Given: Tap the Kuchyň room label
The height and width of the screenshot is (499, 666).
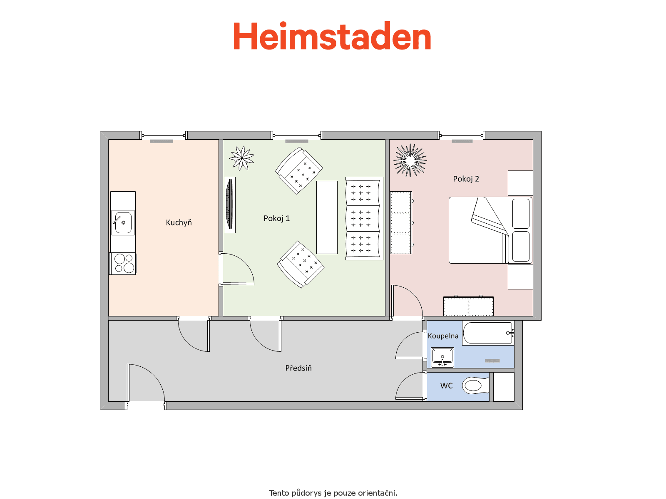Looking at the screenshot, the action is pos(179,223).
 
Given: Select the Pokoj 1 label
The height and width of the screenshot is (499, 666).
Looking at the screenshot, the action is pos(276,218).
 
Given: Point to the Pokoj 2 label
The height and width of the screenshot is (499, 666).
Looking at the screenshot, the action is pos(466,179).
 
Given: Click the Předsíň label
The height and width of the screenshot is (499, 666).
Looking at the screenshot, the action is pos(298,368).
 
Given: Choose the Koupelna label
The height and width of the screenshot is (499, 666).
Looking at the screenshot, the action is pos(443,336).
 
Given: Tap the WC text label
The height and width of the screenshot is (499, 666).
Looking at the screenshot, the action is pos(446,386).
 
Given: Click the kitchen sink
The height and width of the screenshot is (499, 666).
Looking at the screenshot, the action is pos(123,223).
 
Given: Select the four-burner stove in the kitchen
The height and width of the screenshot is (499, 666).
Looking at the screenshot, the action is pos(123,264).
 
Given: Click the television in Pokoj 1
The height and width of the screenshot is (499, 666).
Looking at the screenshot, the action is pos(230,205).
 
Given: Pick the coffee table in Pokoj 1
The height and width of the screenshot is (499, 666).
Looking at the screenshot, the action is pos(327,217).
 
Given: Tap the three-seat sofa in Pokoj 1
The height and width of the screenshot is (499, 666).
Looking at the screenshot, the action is pos(364,218).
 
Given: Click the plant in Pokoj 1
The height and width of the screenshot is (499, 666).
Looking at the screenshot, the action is pos(242,158).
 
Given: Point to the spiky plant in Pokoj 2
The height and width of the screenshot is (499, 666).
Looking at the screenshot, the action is pos(410,160).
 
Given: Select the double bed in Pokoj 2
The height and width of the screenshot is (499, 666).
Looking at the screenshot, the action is pos(491,230).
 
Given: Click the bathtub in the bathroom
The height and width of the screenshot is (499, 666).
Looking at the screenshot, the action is pos(488,333).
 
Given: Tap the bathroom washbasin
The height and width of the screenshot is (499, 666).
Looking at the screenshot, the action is pos(442,358).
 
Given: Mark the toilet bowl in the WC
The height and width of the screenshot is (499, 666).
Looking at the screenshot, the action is pos(475,386).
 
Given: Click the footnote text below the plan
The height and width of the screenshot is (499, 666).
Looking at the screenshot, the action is pos(333,493).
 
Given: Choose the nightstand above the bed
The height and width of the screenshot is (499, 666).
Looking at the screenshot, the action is pos(520,183).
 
